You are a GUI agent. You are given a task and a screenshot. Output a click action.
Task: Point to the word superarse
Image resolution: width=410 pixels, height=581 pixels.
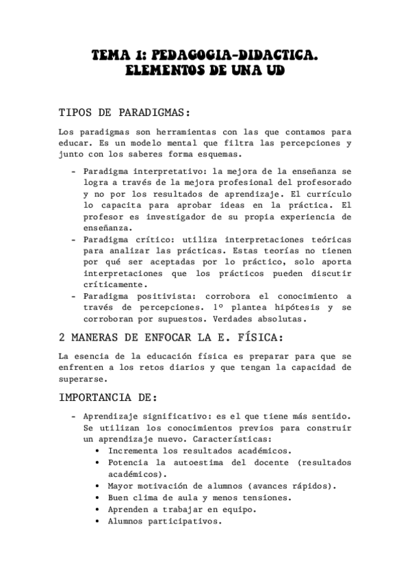[81, 379]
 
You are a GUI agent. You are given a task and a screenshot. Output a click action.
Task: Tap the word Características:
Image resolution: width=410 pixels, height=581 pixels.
[232, 439]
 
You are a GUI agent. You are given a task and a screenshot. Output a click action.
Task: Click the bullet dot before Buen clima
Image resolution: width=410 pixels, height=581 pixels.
[100, 498]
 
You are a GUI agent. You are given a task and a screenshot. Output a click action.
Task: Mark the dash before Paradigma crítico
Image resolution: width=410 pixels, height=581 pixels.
[73, 240]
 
